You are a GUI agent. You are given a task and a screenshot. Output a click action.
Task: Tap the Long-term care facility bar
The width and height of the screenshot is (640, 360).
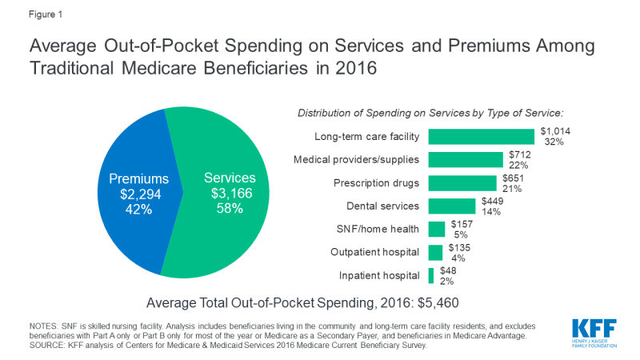(481, 136)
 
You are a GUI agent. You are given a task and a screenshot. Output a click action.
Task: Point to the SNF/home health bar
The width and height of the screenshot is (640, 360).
(437, 230)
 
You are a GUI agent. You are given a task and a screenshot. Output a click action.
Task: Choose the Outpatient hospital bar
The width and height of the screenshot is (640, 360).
(435, 253)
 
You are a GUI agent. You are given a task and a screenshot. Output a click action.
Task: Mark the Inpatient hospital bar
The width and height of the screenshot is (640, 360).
(431, 276)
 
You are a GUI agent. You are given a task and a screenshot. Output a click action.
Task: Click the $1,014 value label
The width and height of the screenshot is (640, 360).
(554, 130)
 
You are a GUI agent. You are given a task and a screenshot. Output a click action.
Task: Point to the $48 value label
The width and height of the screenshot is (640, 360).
(449, 270)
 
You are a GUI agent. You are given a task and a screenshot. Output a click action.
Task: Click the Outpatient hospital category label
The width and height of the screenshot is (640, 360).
(375, 253)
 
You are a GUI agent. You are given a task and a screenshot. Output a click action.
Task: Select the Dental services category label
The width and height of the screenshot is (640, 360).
(382, 206)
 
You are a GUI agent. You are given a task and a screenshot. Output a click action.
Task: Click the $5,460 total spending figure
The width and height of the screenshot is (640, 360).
(439, 303)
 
